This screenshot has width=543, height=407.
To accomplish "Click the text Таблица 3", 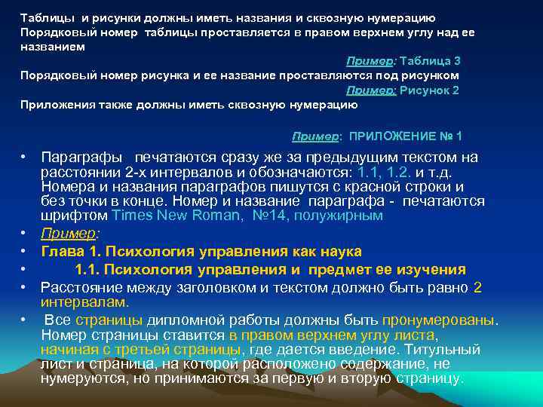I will tap(430, 61).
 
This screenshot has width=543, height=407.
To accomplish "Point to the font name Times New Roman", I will tap(161, 216).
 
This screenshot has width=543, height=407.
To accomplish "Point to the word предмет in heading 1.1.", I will tap(362, 270).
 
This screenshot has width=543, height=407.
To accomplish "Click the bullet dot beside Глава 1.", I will tap(24, 251).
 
